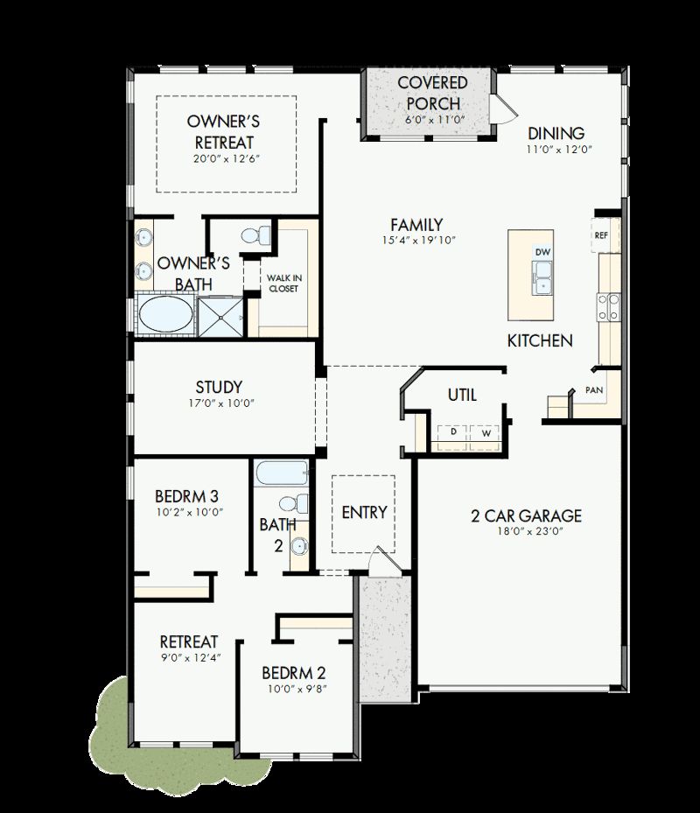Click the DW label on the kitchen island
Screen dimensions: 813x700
click(543, 252)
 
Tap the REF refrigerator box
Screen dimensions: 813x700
click(601, 235)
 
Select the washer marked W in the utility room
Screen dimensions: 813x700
click(483, 432)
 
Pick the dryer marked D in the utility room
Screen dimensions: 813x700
click(453, 432)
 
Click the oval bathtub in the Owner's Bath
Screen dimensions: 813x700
click(165, 315)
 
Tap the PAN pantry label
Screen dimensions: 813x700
click(594, 390)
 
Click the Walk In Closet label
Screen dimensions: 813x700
click(283, 283)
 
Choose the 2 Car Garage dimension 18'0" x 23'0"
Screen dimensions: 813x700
click(527, 531)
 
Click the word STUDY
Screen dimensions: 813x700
click(219, 387)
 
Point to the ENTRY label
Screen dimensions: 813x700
click(364, 512)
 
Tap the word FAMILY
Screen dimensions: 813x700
click(416, 225)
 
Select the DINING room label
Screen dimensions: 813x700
click(556, 133)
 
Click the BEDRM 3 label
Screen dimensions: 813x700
click(186, 496)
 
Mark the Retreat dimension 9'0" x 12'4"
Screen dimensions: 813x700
click(189, 657)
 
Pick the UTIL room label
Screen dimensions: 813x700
click(462, 395)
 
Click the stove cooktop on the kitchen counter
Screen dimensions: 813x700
click(608, 305)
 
